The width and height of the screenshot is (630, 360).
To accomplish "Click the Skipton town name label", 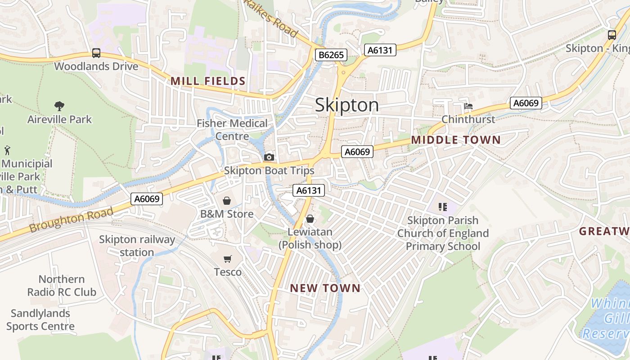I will click(346, 105).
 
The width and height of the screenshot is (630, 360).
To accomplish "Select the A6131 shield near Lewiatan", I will click(309, 190).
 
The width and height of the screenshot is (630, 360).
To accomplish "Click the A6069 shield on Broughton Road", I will click(147, 198).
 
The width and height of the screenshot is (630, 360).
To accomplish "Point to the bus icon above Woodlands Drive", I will click(96, 53).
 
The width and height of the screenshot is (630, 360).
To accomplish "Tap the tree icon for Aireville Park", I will click(59, 106).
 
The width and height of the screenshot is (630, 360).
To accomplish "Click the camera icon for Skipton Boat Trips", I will click(269, 157).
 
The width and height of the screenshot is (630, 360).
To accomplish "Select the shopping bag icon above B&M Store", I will click(227, 200).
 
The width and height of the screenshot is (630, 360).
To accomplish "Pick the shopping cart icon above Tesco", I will click(228, 259).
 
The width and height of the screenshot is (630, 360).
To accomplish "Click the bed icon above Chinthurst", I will click(468, 106).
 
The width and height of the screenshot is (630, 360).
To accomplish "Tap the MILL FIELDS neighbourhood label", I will click(208, 81).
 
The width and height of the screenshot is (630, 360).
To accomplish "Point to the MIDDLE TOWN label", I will click(455, 140).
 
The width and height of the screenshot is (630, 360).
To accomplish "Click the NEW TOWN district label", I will click(325, 288).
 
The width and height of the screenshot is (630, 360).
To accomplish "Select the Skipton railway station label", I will click(137, 246).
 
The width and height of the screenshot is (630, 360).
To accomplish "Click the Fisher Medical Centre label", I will click(232, 130).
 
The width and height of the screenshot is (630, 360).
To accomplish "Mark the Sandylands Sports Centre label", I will click(40, 319).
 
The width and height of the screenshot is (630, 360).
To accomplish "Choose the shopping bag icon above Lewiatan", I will click(310, 219).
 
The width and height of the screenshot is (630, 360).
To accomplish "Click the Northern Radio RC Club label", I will click(62, 285).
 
